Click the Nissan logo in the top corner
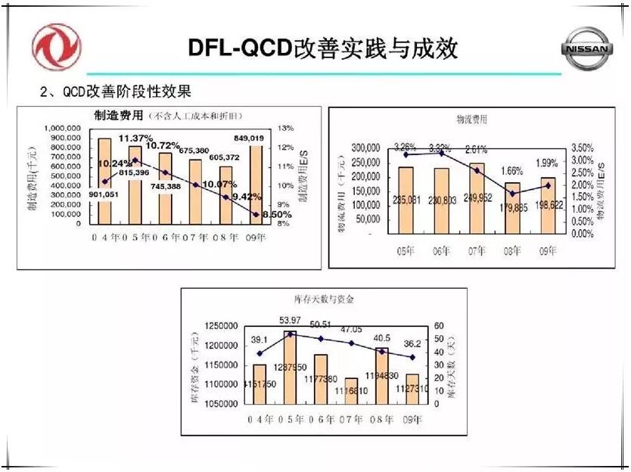tap(587, 49)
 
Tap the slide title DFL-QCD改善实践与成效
tap(323, 47)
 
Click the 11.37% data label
tap(136, 138)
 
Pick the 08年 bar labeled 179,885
tap(513, 208)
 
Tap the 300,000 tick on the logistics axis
tap(362, 147)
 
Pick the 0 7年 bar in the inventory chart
tap(350, 391)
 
